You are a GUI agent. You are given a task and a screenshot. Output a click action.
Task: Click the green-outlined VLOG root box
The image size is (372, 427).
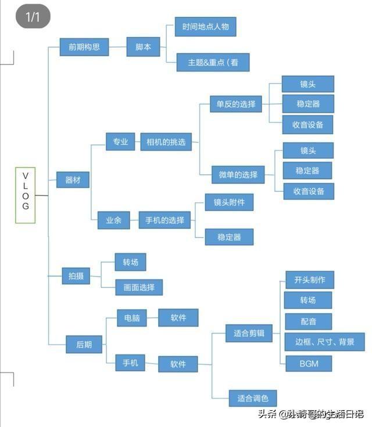coord(26,195)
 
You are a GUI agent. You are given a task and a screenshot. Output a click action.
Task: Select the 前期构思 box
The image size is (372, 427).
coord(84,47)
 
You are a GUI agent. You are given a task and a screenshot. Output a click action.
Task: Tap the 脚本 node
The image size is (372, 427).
coord(143,47)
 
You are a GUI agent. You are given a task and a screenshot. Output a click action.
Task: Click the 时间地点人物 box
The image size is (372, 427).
coord(206,27)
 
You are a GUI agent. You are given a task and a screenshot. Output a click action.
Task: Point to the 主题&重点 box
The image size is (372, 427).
coord(213,62)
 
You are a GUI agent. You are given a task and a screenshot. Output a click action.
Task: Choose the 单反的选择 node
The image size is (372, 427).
coord(236,104)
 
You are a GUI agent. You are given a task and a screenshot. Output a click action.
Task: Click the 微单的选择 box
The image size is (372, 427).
coord(238,174)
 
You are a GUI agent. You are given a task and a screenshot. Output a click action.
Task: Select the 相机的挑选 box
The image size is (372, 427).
coord(166,142)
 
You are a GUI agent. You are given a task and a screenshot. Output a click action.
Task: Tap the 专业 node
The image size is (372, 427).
coord(120,142)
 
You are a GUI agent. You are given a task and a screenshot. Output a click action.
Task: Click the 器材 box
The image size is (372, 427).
coord(73,180)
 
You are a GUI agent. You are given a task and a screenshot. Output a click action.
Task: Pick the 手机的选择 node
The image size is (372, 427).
coord(164,220)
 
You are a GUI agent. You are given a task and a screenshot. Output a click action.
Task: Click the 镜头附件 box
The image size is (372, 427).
coord(229,202)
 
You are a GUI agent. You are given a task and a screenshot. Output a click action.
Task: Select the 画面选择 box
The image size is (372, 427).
coord(139,288)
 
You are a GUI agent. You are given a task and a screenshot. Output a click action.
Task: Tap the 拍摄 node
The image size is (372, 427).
coord(76,276)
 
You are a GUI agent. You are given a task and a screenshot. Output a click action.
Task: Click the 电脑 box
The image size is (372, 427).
coord(132,318)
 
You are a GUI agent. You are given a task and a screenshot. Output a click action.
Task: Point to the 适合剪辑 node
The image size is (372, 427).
coord(249,333)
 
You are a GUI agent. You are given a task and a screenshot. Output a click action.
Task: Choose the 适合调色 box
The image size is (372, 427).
coord(253,399)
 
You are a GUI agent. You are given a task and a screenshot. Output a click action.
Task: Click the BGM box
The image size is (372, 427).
coord(309,364)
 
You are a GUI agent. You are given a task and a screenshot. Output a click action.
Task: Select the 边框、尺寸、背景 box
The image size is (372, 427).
coord(324,342)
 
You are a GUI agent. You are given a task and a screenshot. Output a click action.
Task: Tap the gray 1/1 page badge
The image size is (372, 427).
coord(33,16)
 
